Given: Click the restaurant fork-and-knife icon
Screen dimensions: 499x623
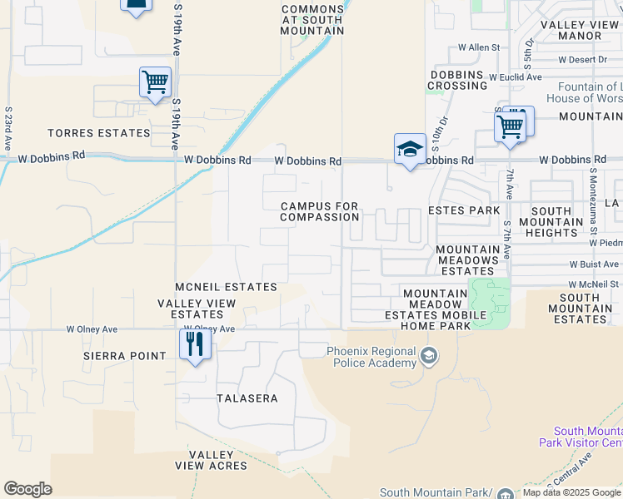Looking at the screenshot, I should (195, 343).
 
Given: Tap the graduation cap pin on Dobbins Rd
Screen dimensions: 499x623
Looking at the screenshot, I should (409, 150).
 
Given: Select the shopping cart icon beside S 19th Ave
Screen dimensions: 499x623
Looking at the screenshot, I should (155, 82).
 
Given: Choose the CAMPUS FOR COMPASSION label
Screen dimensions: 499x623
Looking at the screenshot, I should (320, 211).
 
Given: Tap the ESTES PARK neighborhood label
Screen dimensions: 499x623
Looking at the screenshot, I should (464, 210).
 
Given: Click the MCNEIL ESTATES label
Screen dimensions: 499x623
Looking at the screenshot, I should (226, 287).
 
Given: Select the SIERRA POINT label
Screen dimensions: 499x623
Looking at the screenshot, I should (125, 356).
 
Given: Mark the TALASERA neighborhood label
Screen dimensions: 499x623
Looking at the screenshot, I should (247, 398).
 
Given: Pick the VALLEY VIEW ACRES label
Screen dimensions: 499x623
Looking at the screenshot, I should (217, 460).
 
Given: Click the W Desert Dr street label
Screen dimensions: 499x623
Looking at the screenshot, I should (583, 60).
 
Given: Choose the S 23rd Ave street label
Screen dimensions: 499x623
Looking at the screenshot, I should (7, 128).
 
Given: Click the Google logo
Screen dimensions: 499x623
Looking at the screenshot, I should (28, 489).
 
